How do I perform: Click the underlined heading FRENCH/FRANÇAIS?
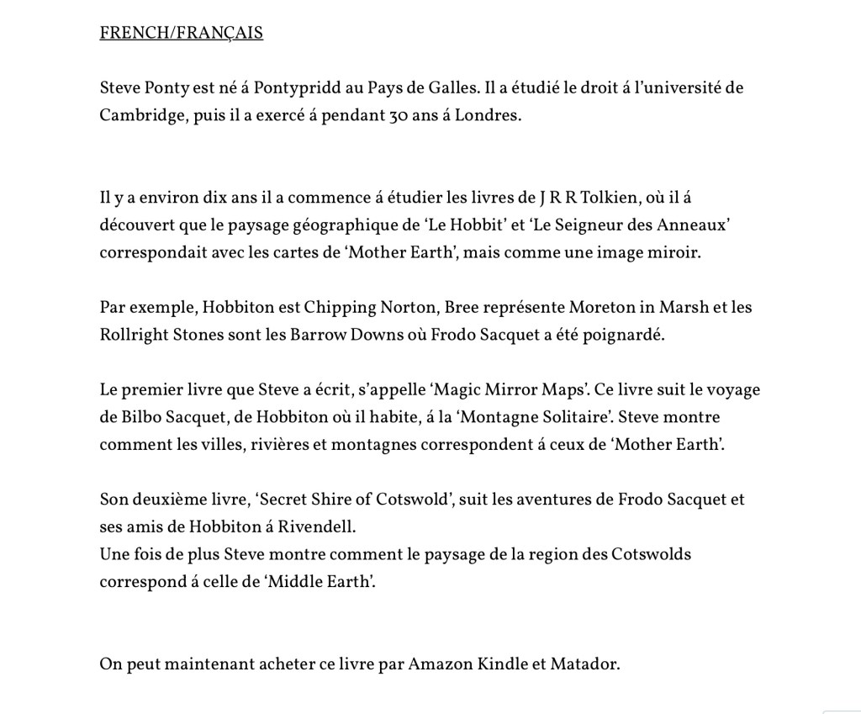[x=181, y=34]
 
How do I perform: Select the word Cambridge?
[x=139, y=116]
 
